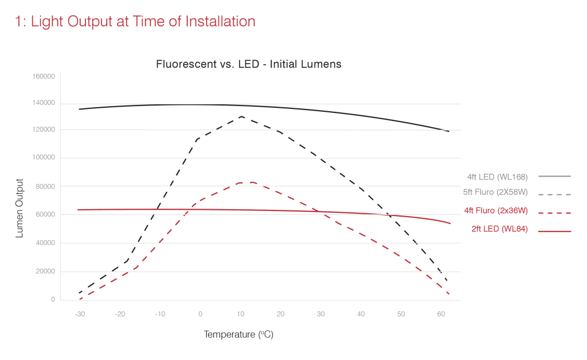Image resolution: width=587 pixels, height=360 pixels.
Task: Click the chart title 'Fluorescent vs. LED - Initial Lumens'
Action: coord(249,64)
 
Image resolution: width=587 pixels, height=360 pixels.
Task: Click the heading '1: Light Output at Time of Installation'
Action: coord(135,22)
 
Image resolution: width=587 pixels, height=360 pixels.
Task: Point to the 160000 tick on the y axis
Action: coord(44,76)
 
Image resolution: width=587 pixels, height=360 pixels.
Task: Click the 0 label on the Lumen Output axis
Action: coord(53,300)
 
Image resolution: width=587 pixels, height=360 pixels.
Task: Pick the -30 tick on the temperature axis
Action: coord(80,314)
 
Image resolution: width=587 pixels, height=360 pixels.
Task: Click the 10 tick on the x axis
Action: coord(241,314)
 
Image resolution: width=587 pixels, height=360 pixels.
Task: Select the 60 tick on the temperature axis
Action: coord(441,314)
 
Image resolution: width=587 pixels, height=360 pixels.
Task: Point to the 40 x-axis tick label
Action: coord(361,314)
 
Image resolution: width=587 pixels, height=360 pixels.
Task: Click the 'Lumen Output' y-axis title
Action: coord(19,208)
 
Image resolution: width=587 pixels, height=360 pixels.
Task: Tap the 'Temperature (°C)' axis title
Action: coord(238,334)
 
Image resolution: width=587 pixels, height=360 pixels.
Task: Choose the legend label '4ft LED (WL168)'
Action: coord(497,177)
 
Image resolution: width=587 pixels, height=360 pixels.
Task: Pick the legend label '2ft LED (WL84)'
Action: coord(499,229)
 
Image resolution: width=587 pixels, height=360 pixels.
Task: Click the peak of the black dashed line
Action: coord(242,116)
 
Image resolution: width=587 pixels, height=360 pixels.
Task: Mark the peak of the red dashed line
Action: coord(249,182)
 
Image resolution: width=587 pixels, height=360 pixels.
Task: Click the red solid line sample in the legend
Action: coord(554,232)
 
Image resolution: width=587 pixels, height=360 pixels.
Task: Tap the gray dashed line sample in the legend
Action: coord(554,194)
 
